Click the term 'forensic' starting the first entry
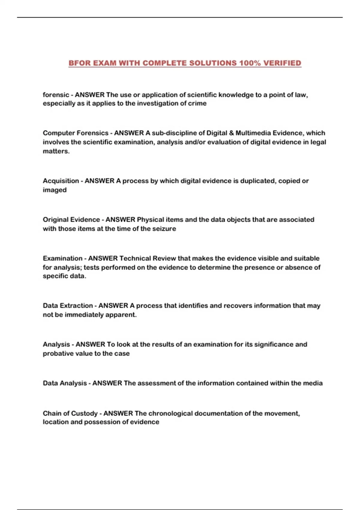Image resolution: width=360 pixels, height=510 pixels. (56, 95)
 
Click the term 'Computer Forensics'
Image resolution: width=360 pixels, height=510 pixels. (76, 133)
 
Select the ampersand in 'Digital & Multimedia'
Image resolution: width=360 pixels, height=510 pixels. (231, 133)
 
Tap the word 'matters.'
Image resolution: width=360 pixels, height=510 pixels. (56, 151)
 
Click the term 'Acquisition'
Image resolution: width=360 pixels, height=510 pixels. (61, 181)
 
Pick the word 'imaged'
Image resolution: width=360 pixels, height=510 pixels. (55, 190)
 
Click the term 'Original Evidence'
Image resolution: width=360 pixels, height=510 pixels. (71, 220)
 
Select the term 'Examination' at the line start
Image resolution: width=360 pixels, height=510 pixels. (62, 258)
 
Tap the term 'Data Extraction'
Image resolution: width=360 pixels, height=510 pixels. (68, 306)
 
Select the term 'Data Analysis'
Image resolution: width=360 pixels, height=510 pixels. (65, 383)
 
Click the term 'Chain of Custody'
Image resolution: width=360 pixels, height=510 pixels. (70, 413)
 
